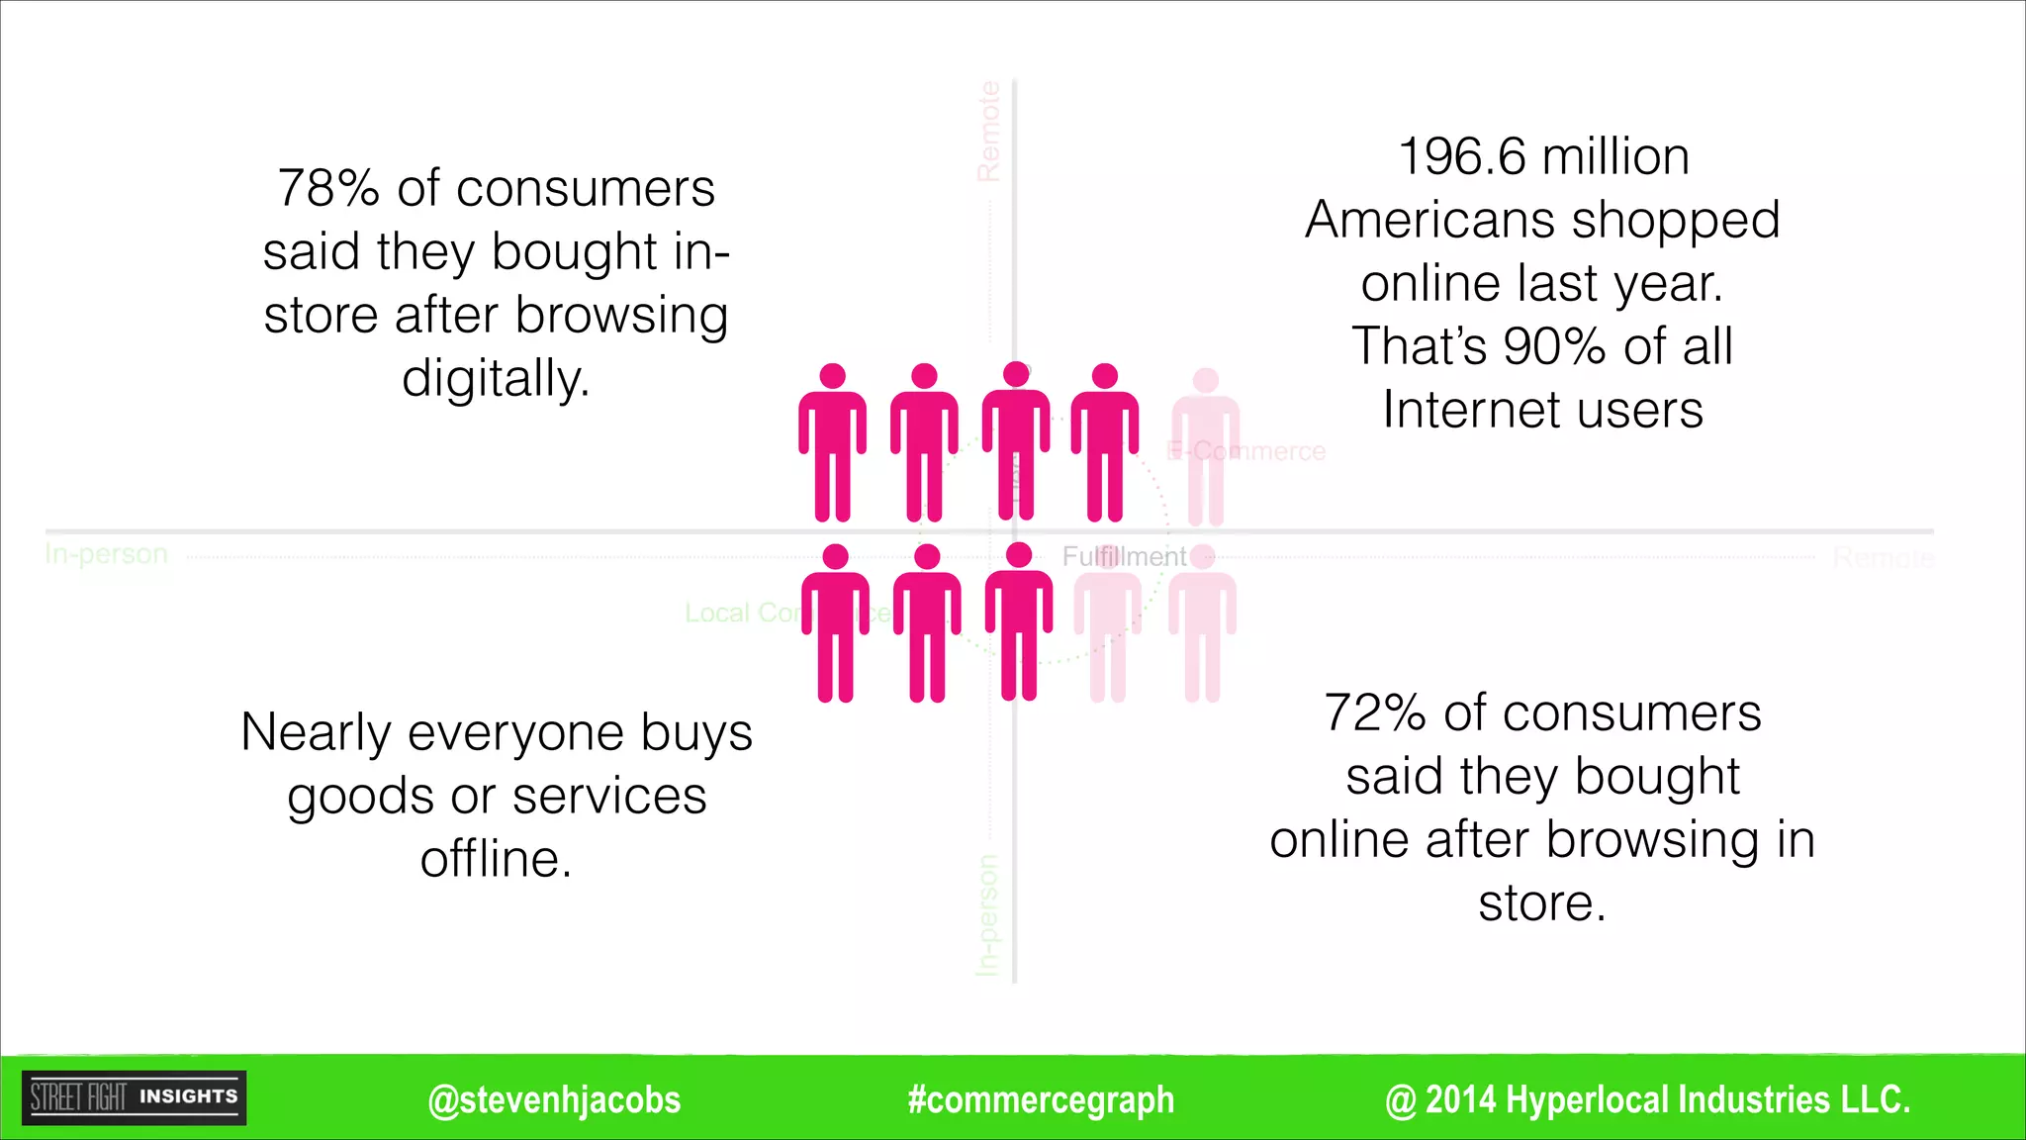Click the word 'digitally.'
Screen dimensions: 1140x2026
pos(496,379)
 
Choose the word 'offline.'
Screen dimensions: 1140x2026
pos(496,859)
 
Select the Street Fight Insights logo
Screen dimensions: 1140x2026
pos(135,1097)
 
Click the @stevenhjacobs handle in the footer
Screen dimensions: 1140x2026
pos(554,1099)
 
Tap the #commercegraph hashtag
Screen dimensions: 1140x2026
pos(1041,1099)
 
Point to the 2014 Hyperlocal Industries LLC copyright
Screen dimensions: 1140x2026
pos(1647,1099)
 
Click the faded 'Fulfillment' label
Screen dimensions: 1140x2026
pos(1124,557)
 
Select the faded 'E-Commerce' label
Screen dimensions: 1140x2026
pos(1246,451)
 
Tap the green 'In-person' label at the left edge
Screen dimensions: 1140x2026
pos(107,554)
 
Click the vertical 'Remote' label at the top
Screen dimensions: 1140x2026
pos(988,132)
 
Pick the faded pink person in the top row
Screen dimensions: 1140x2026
pos(1205,445)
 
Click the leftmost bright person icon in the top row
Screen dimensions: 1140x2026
pos(832,442)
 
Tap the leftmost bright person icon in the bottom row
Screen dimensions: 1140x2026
pos(835,623)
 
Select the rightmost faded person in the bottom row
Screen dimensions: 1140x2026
pos(1202,623)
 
